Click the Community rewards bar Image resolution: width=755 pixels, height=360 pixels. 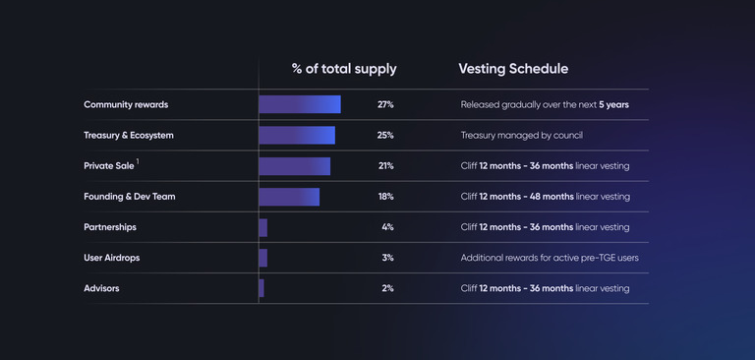tap(300, 104)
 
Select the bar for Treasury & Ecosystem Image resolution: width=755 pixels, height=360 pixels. tap(297, 135)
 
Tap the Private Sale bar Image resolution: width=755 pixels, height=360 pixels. tap(295, 166)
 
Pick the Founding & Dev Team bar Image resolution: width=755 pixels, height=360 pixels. tap(289, 197)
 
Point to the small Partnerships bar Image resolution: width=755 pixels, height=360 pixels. tap(263, 227)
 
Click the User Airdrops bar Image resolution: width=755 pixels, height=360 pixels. tap(263, 258)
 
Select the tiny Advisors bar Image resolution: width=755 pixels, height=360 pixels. tap(261, 288)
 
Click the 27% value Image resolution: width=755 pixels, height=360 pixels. tap(385, 104)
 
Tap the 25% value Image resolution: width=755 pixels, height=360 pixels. tap(385, 135)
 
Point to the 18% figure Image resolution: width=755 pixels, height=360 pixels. tap(385, 197)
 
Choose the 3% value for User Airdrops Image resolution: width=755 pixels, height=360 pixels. tap(387, 258)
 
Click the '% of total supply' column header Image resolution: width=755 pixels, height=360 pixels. tap(344, 69)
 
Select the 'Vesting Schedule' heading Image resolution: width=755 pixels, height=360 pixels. tap(513, 69)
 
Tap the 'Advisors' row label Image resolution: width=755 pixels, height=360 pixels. tap(103, 288)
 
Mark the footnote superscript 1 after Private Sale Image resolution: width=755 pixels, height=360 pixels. tap(138, 162)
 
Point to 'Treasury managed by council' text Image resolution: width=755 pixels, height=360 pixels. tap(528, 135)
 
